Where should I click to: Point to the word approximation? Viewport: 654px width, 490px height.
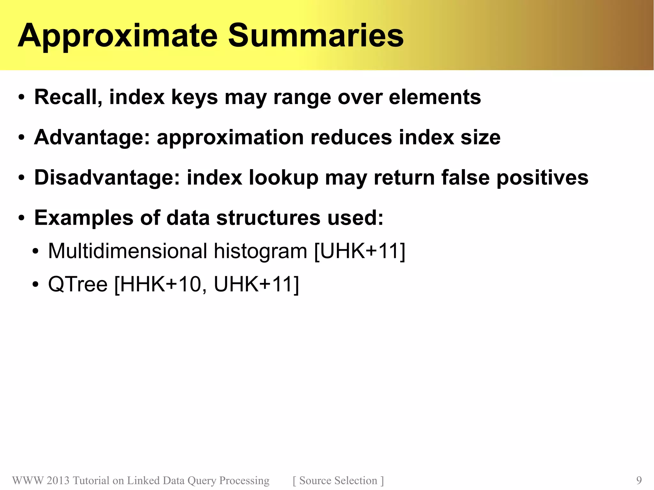[230, 138]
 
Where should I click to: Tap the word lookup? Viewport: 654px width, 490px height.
[284, 178]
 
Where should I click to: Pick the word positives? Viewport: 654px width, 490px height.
[542, 178]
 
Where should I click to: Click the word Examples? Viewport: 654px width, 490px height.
[84, 218]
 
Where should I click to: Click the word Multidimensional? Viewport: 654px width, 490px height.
[128, 251]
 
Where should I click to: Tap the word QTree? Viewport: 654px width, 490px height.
[78, 284]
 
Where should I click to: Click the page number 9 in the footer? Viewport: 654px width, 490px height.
[639, 480]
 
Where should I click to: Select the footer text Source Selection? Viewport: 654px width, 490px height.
[338, 480]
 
